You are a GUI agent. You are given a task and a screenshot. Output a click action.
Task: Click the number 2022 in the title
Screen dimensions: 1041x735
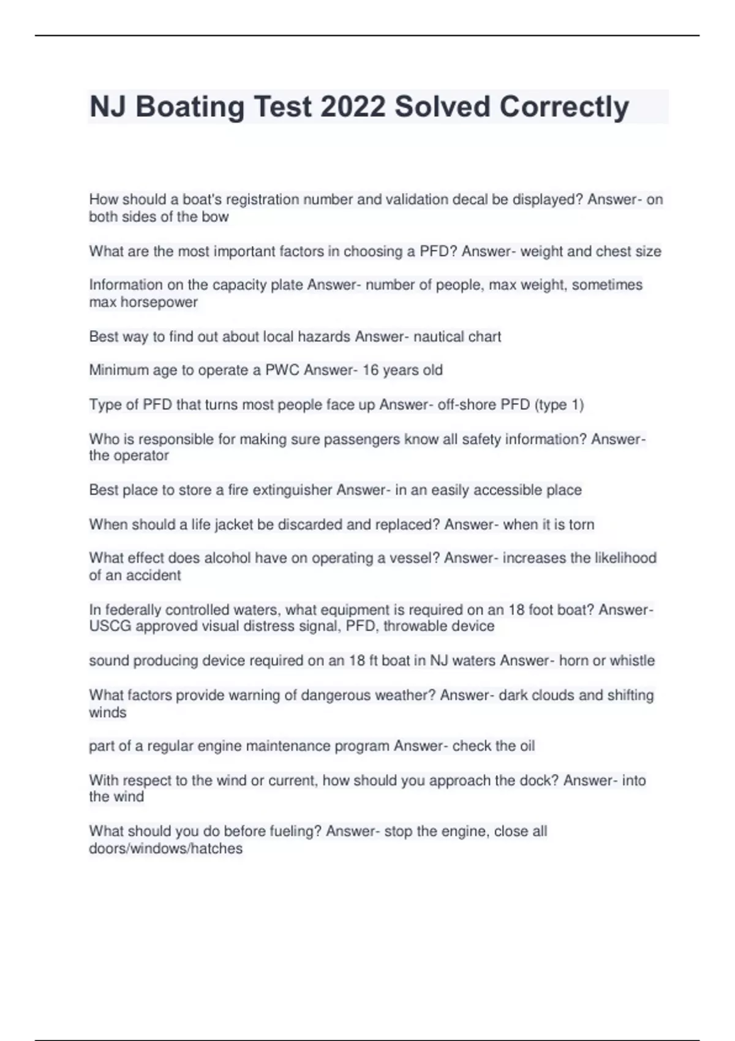coord(353,107)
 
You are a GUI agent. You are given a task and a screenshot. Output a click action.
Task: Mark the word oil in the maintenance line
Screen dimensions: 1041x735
coord(527,746)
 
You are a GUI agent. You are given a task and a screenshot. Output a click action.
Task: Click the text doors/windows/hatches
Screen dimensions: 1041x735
coord(166,849)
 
